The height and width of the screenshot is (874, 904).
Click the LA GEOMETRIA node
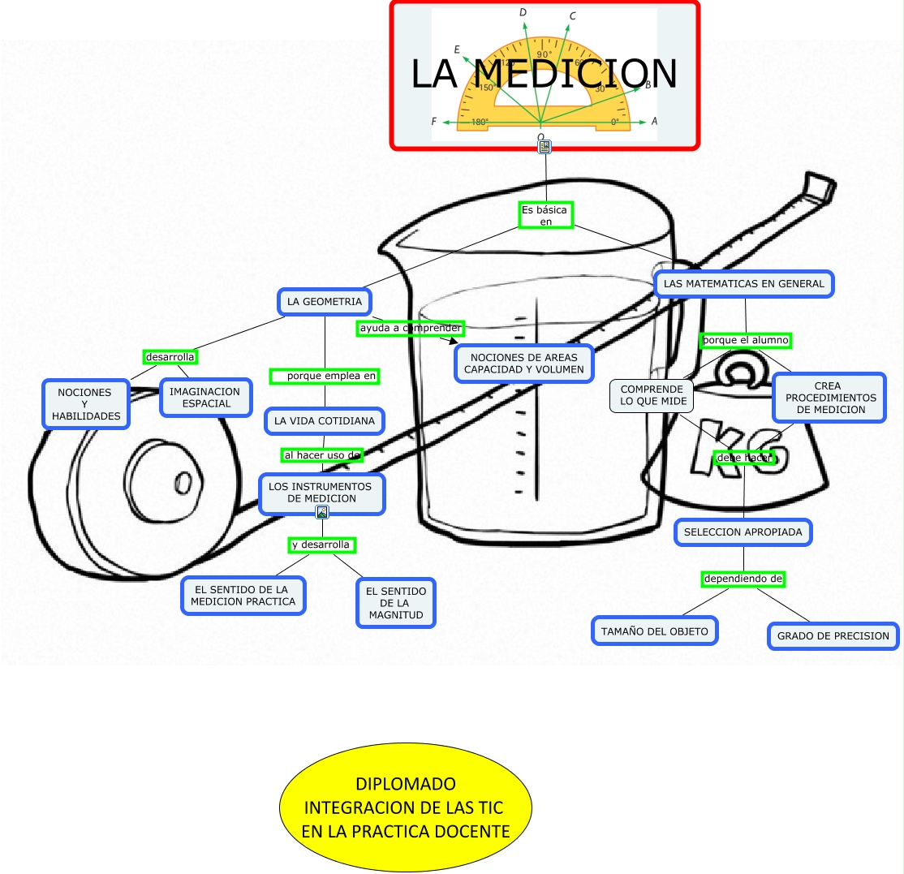coord(324,302)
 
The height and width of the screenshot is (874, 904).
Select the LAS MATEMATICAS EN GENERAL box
coord(743,284)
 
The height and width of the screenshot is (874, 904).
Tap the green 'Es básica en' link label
coord(546,215)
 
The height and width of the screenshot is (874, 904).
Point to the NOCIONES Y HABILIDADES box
coord(85,404)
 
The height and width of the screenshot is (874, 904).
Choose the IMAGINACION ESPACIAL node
coord(205,398)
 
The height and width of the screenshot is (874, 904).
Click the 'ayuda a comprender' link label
coord(410,328)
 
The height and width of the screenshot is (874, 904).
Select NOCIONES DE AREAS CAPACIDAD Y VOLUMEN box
coord(523,364)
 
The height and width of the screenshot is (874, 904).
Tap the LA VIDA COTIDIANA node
coord(324,421)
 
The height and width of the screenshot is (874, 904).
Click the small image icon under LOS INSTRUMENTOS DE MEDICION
coord(322,512)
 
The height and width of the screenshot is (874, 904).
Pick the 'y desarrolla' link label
coord(322,545)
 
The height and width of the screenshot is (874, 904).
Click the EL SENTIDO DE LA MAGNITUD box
coord(395,603)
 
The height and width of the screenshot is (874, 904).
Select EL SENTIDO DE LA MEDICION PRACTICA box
coord(243,596)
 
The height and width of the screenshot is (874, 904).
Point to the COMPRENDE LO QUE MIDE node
coord(652,395)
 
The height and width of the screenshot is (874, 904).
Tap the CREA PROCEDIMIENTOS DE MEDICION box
coord(829,398)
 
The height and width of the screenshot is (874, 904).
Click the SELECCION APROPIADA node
coord(743,532)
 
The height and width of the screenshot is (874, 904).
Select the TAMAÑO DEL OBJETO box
coord(654,631)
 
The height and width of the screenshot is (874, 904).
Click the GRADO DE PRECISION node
coord(833,636)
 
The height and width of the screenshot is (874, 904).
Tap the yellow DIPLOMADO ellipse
coord(405,807)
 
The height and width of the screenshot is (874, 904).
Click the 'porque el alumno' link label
coord(745,340)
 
